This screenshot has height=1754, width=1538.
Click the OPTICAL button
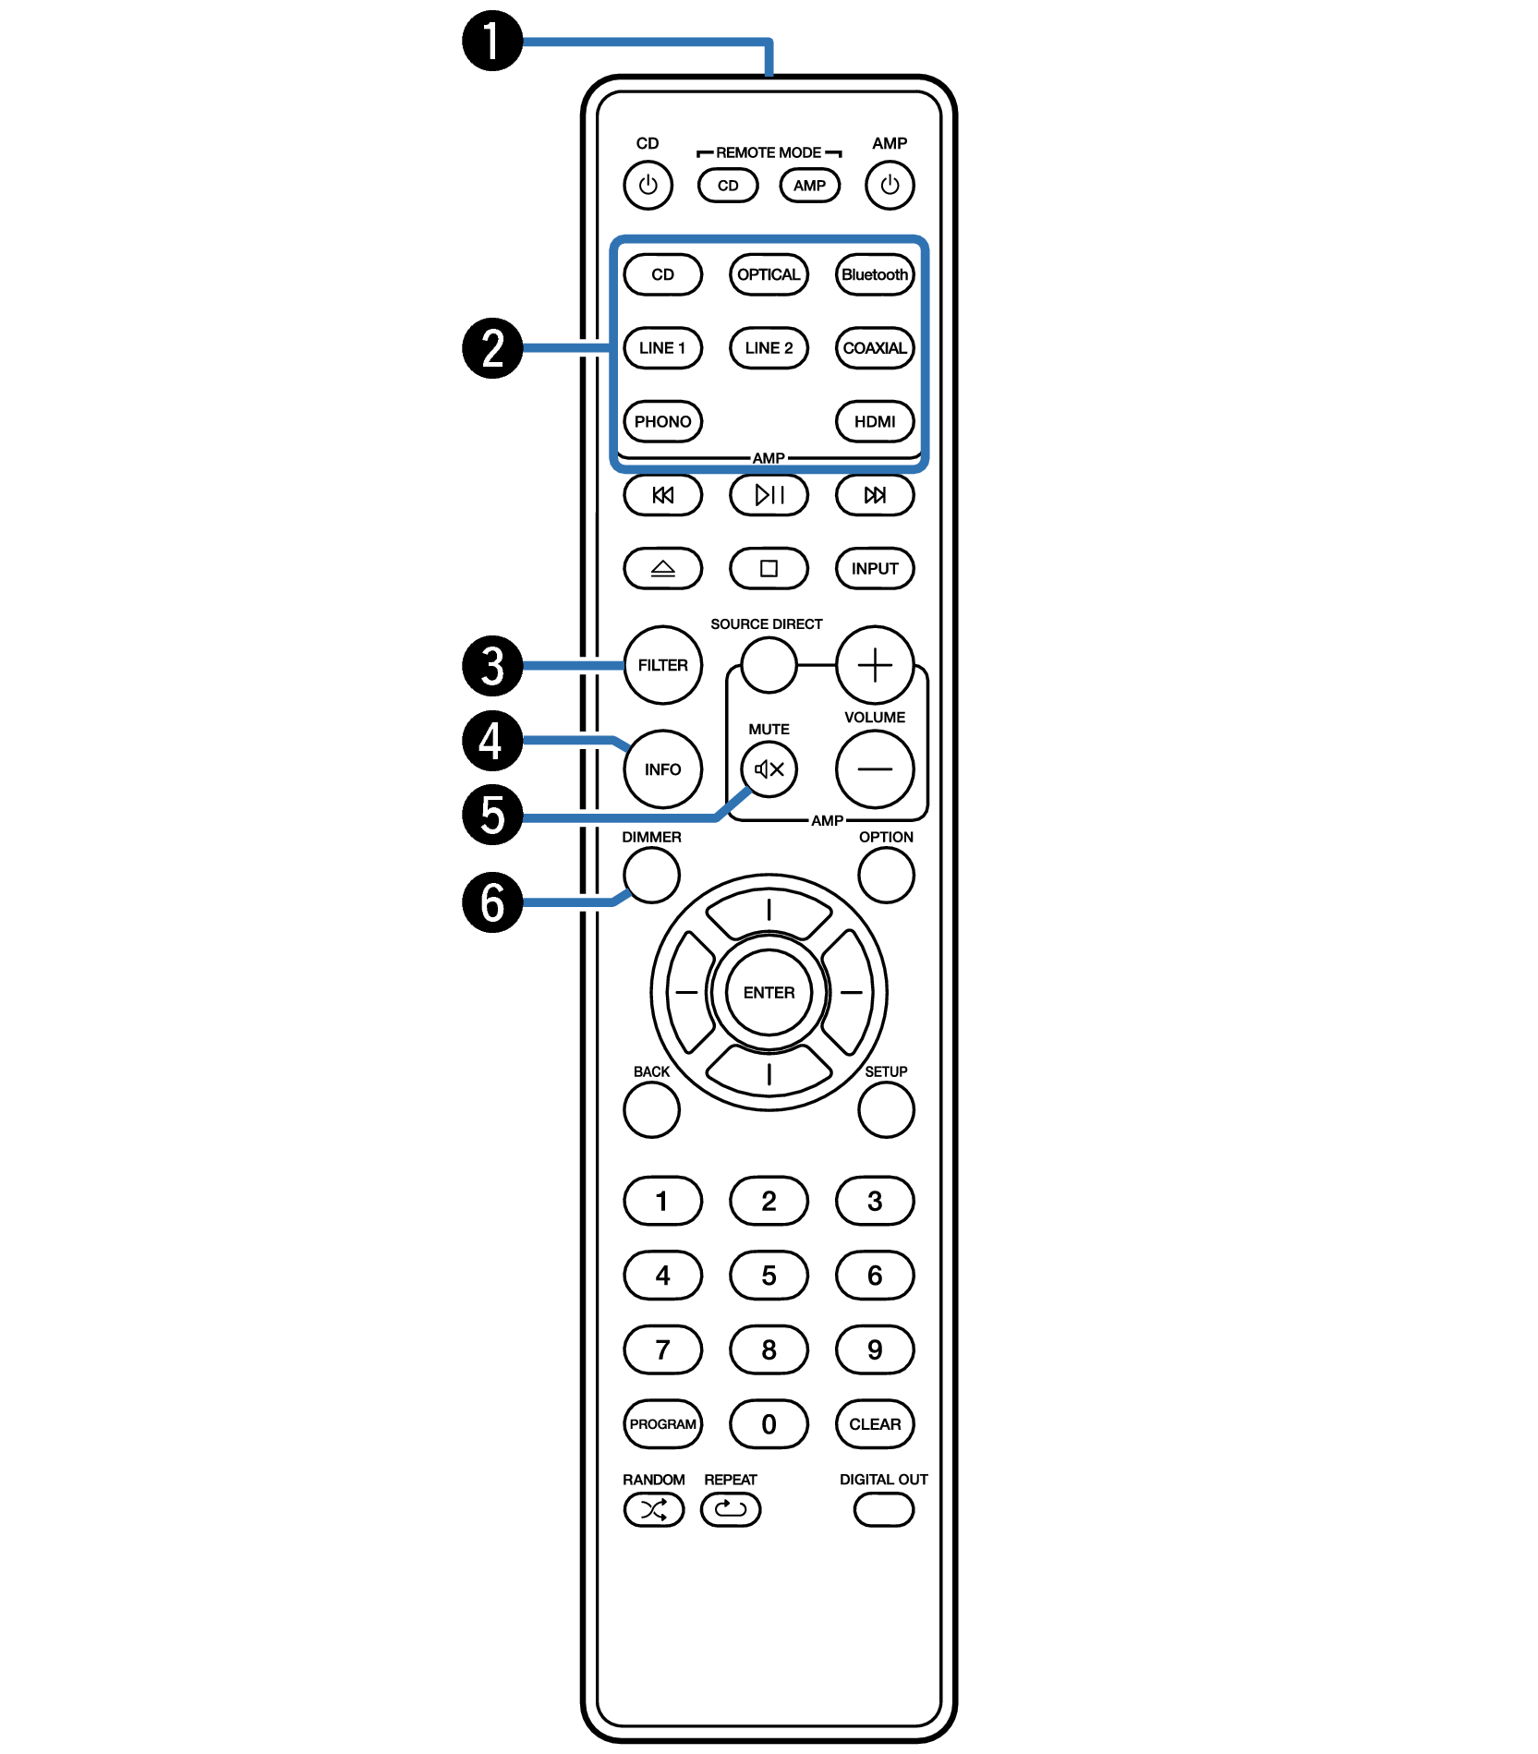(769, 274)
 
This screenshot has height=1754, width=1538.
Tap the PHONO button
(663, 421)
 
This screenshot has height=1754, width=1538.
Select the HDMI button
(875, 421)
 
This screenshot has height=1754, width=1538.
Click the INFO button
(663, 769)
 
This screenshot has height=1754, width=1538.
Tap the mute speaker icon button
(769, 768)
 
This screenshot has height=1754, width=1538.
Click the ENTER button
(769, 993)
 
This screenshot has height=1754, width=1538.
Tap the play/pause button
(769, 495)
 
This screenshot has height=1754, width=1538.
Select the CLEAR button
(875, 1424)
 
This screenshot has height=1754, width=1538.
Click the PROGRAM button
(663, 1424)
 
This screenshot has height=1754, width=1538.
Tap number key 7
(663, 1349)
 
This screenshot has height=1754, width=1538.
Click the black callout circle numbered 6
(492, 902)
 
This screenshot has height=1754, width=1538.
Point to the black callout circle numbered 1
(492, 41)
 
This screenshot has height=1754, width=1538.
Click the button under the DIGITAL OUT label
(884, 1510)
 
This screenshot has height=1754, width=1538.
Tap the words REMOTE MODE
(769, 152)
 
